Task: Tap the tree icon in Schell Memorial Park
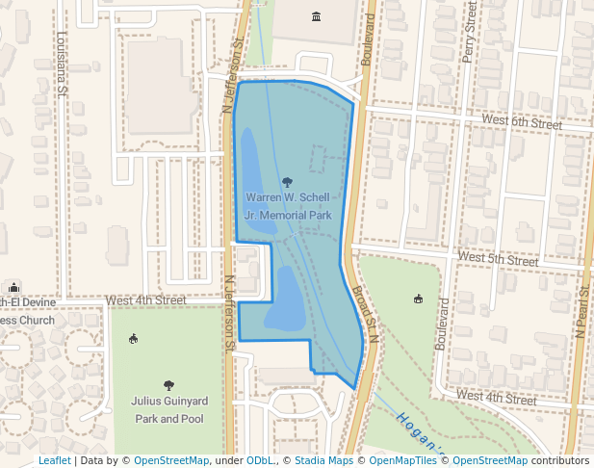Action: [287, 181]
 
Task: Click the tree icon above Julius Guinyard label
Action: [169, 385]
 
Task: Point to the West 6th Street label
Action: [523, 123]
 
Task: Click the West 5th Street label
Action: [498, 259]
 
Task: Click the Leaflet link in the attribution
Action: [54, 461]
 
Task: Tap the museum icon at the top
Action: [317, 16]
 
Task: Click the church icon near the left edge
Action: [13, 287]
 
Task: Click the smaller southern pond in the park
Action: [285, 300]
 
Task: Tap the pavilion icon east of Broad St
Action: [417, 299]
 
